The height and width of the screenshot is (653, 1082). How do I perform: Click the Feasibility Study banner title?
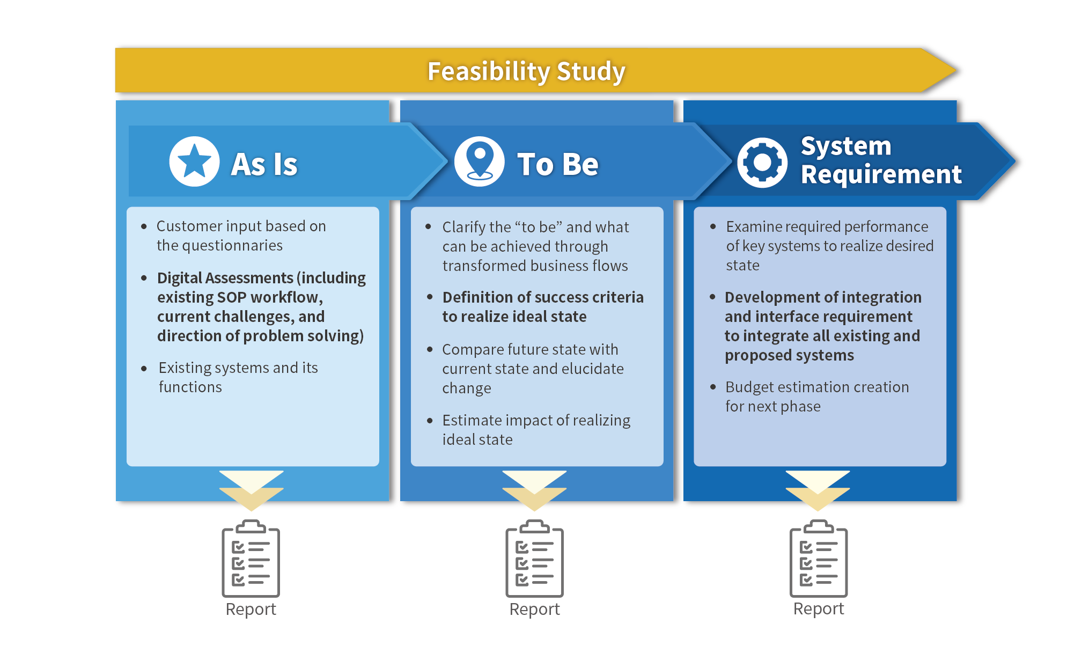click(526, 71)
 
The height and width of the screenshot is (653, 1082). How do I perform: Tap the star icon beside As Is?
click(194, 161)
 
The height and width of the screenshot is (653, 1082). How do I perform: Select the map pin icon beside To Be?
click(479, 161)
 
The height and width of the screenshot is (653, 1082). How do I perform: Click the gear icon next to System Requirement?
click(762, 162)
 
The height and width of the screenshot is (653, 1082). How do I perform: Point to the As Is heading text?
click(264, 164)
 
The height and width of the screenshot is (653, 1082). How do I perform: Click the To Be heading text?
click(557, 164)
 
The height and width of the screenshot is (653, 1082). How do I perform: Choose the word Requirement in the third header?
click(881, 174)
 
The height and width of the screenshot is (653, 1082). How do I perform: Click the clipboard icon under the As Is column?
click(251, 559)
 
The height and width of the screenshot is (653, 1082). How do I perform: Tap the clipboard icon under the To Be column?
click(534, 559)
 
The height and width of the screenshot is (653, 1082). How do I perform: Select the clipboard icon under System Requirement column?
click(818, 559)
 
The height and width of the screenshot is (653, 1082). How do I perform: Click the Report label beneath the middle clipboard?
click(534, 609)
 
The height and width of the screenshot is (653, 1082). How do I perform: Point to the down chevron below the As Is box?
click(251, 490)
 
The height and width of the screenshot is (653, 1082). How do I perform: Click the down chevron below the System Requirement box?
click(818, 490)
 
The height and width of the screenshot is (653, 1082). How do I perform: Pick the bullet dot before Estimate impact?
click(429, 421)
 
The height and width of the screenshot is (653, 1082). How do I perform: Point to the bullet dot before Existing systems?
click(144, 369)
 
